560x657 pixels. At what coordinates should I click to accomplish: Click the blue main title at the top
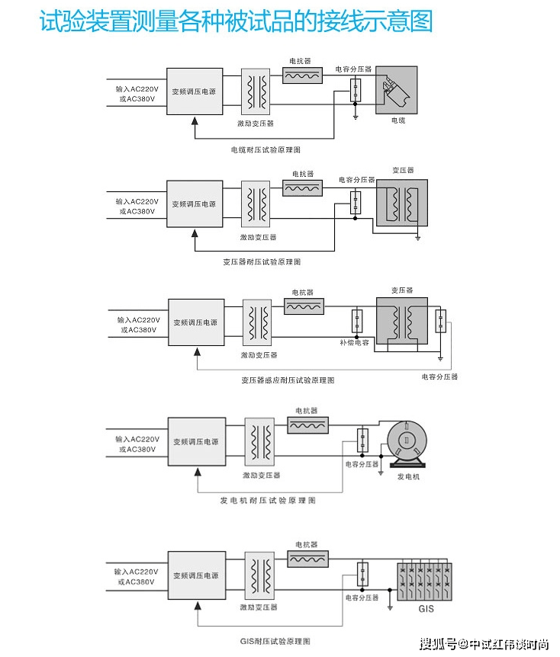point(236,21)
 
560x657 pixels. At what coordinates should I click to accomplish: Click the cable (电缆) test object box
point(397,90)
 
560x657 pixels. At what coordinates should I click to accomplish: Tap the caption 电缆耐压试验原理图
point(266,149)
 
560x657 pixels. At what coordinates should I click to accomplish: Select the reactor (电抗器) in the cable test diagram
point(302,75)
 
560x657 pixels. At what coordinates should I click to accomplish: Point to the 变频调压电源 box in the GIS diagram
point(197,575)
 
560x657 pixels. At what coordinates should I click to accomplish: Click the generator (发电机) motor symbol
point(407,444)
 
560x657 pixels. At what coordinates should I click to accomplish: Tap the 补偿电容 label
point(355,342)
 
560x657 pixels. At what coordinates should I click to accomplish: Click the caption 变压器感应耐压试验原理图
point(288,380)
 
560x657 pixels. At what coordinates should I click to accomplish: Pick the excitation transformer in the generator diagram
point(260,441)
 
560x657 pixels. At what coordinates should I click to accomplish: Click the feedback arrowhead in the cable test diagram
point(195,121)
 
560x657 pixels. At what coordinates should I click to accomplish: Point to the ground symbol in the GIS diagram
point(390,607)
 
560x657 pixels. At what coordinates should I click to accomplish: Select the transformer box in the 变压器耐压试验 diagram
point(402,204)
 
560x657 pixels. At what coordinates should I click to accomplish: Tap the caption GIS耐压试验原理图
point(275,641)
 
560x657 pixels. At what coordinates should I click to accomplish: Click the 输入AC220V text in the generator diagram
point(137,439)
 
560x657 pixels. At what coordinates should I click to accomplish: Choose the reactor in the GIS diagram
point(308,559)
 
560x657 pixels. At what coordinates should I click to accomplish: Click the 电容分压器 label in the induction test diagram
point(439,377)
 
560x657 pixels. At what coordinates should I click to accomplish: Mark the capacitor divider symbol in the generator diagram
point(363,440)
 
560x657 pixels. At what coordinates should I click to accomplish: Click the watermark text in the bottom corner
point(484,644)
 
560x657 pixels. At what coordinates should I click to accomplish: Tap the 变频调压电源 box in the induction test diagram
point(196,322)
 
